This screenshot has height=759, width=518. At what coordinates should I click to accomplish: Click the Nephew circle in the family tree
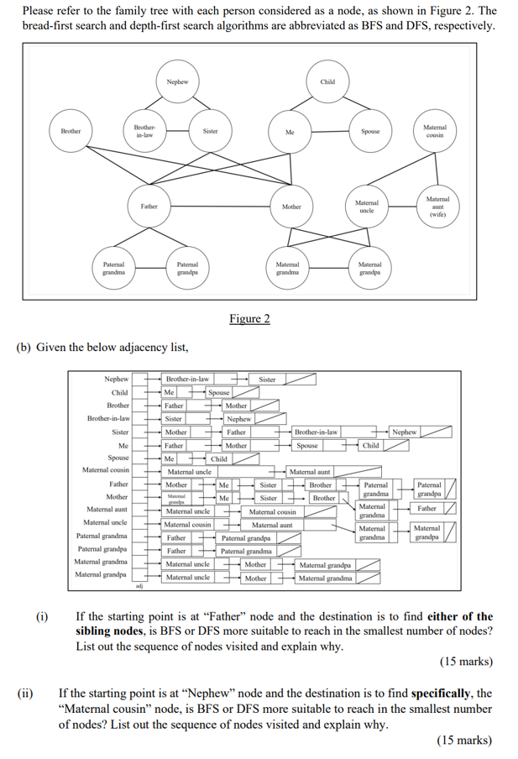point(177,82)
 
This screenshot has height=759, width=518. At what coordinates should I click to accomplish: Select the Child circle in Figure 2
point(327,82)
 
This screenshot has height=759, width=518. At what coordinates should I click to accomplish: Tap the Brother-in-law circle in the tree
point(144,131)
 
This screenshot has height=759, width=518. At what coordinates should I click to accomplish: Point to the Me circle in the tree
point(290,132)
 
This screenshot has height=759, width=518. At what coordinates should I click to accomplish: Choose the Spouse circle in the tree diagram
point(369,132)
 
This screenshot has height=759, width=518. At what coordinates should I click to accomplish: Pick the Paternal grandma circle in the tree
point(108,269)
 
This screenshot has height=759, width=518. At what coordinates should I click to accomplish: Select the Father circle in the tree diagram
point(149,206)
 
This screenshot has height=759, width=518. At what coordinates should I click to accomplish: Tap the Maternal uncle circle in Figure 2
point(366,206)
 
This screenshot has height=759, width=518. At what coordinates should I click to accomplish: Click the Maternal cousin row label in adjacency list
point(106,470)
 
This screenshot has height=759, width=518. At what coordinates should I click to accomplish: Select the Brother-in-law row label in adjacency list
point(109,418)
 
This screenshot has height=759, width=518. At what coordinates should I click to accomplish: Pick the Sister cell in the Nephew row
point(267,379)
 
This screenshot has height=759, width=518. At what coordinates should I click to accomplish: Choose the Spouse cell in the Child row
point(218,392)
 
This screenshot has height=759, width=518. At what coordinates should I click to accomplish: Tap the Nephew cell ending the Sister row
point(404,432)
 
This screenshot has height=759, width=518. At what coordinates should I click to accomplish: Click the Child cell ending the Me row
point(371,445)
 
